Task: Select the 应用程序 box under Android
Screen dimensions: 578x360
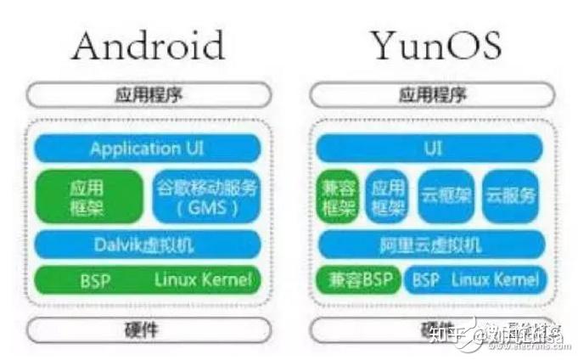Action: click(148, 94)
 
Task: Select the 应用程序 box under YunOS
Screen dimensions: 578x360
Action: click(432, 94)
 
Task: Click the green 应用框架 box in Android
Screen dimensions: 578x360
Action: click(87, 196)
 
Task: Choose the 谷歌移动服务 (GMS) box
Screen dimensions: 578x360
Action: click(205, 196)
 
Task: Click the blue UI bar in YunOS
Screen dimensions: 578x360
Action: click(432, 149)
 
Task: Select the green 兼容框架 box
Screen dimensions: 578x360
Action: click(337, 196)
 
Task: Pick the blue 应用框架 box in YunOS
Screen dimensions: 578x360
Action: click(387, 196)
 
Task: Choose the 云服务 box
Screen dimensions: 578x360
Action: click(511, 196)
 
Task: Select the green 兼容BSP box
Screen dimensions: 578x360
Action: click(356, 280)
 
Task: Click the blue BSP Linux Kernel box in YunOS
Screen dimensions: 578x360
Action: click(472, 280)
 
